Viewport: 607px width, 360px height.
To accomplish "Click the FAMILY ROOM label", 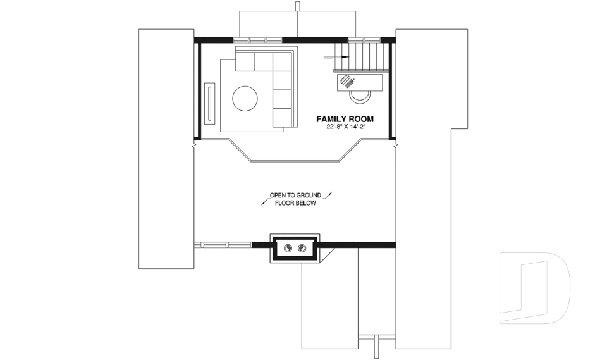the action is [x=345, y=119].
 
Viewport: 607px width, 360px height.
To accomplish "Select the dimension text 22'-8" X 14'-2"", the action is [x=346, y=127].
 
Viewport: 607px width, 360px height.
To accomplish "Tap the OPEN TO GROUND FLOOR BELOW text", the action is [x=295, y=199].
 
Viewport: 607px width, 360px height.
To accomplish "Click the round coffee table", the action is [x=245, y=99].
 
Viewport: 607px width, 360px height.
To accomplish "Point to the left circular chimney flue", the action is [x=288, y=248].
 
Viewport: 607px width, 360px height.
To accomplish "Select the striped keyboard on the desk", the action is [x=347, y=82].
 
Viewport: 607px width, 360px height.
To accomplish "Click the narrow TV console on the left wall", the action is [x=210, y=104].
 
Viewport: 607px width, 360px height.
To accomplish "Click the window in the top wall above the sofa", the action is [x=257, y=40].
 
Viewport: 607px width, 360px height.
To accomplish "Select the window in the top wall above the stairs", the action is [x=364, y=40].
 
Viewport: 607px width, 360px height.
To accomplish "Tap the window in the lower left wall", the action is [x=223, y=245].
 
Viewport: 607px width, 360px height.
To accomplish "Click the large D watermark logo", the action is [x=535, y=288].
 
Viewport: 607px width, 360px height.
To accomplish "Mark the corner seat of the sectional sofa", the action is [x=282, y=62].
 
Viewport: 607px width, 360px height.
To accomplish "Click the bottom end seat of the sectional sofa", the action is [x=282, y=118].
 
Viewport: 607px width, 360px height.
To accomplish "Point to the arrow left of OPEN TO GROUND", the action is [x=265, y=201].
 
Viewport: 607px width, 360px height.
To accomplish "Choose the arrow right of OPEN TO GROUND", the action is [x=328, y=194].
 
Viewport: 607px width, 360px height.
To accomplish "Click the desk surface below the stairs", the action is [x=360, y=82].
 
